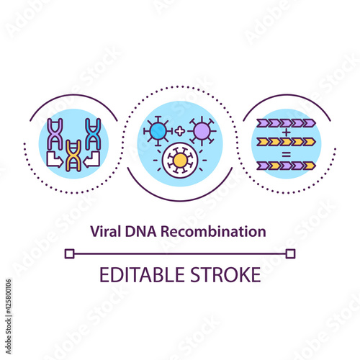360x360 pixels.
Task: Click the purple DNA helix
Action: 55,134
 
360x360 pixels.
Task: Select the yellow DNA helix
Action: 73,156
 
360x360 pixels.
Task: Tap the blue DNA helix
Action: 93,134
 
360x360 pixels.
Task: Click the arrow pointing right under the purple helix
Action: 55,159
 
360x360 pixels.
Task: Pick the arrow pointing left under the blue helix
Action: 91,159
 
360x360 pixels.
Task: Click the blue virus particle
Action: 158,131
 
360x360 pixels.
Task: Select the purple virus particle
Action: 202,131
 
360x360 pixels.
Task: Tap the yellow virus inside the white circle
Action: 180,160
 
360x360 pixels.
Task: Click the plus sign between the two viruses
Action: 180,131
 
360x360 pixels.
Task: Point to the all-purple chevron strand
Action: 286,123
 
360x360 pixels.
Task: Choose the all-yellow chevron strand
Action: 286,142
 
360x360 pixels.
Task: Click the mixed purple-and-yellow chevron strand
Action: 286,166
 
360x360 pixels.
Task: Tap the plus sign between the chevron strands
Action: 286,132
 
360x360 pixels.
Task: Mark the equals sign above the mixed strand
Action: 286,154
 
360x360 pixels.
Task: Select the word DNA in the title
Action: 140,232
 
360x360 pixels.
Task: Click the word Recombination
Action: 213,231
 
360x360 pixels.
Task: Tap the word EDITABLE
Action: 142,274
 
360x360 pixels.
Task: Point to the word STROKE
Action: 225,274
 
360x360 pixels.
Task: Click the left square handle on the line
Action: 70,253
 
